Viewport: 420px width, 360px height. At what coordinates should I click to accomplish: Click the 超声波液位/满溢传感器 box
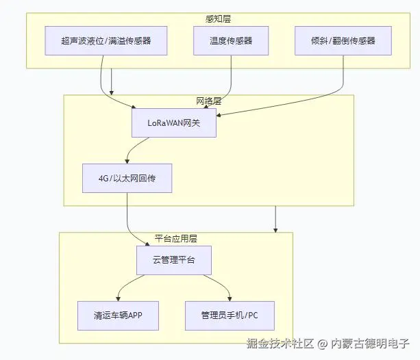(x=106, y=41)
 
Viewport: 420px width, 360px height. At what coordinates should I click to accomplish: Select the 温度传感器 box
(x=231, y=41)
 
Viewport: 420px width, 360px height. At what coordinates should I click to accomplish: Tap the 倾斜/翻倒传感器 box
(x=343, y=41)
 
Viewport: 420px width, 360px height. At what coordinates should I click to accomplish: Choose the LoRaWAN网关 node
(x=174, y=123)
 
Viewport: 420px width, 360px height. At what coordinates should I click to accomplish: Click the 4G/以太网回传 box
(x=126, y=178)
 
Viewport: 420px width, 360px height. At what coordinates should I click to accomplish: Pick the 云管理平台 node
(x=174, y=261)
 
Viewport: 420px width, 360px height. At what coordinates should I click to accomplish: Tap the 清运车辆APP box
(x=117, y=316)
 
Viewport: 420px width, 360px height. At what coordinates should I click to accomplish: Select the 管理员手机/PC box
(x=230, y=316)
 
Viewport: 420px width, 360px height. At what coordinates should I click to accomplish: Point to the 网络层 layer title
(x=209, y=101)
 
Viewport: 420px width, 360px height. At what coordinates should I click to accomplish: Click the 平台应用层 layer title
(x=176, y=238)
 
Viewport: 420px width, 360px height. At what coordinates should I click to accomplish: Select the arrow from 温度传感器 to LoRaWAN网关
(x=229, y=86)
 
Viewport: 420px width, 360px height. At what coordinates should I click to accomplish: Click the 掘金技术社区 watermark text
(x=280, y=343)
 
